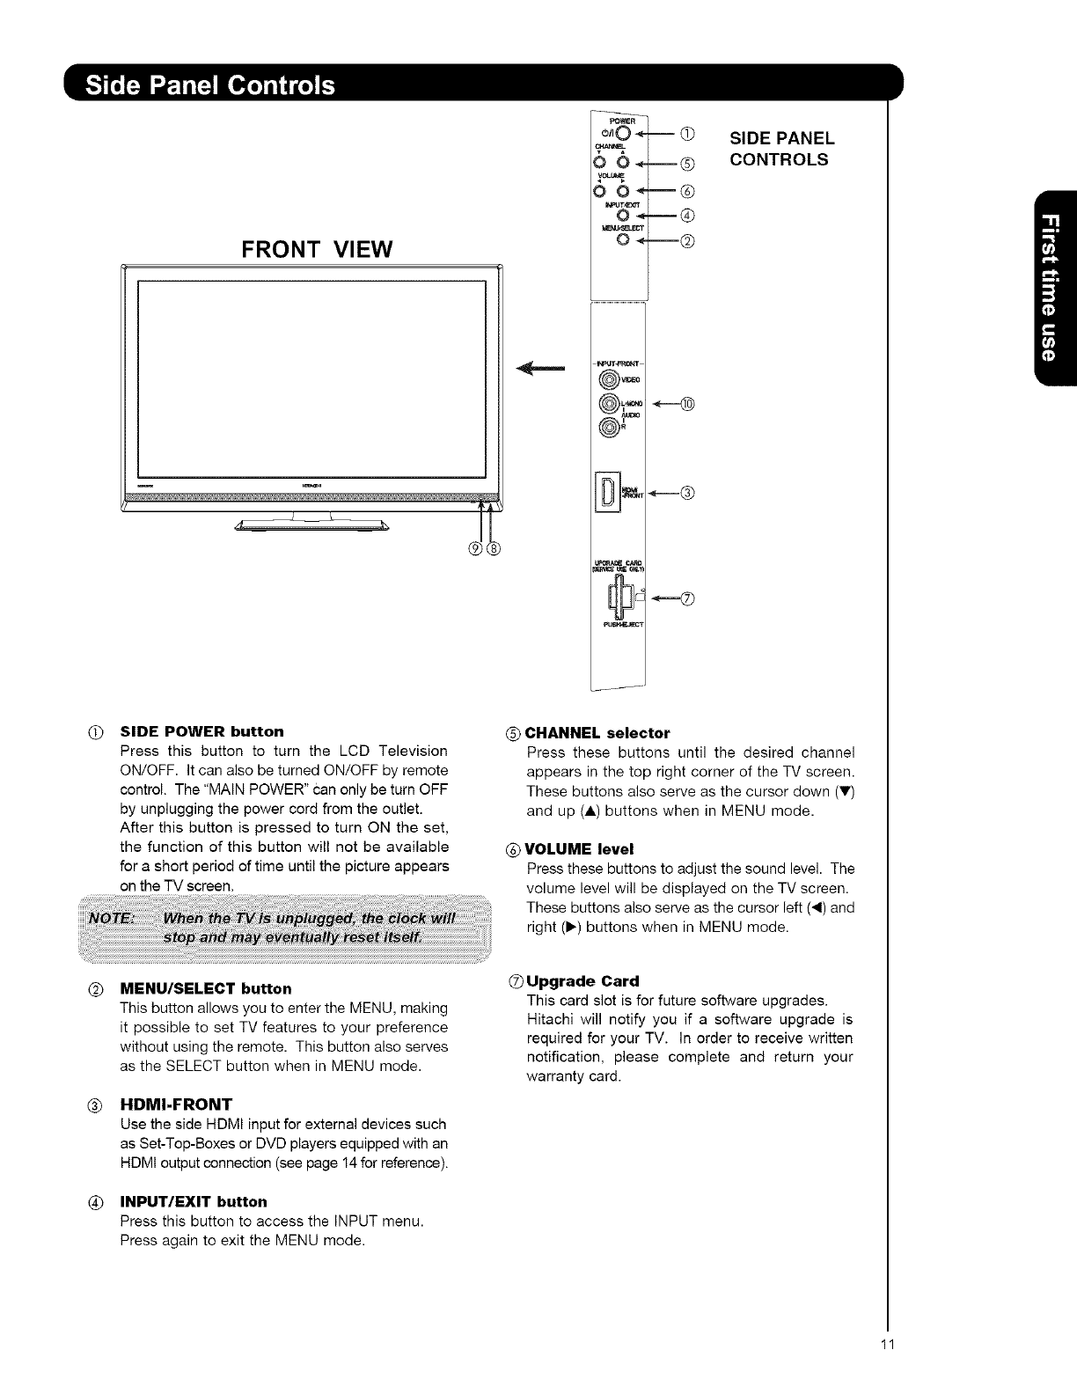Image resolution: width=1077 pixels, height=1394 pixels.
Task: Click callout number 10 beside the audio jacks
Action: point(687,405)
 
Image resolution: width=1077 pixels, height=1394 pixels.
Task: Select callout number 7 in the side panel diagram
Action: point(688,600)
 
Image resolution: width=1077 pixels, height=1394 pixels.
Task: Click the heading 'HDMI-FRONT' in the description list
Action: point(176,1104)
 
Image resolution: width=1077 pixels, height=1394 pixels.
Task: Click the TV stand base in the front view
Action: point(311,527)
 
